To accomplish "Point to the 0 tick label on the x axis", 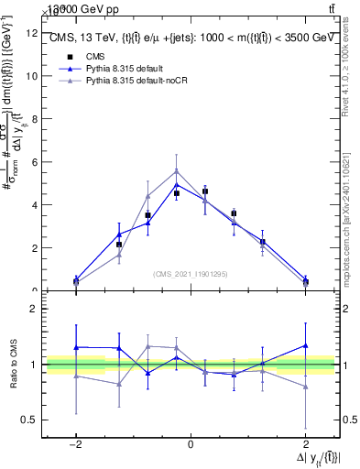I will (190, 444).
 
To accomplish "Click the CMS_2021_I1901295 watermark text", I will (190, 274).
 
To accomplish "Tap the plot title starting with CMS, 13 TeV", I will (190, 38).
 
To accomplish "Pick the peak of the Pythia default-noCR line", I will (177, 170).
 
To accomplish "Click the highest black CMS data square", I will (205, 191).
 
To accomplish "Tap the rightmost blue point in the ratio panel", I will (305, 345).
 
